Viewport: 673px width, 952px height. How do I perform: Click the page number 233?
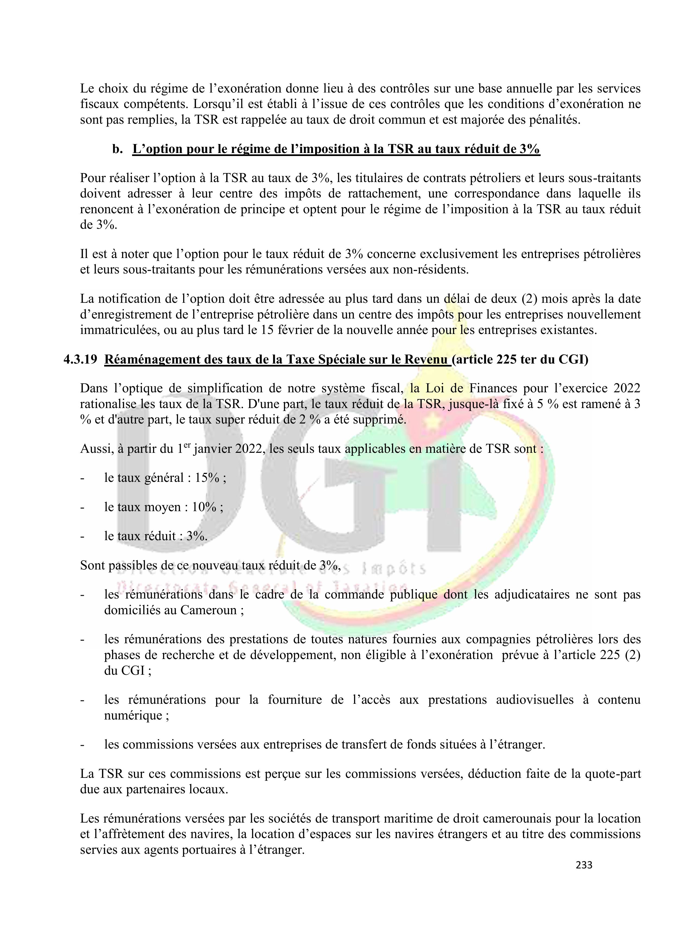point(584,865)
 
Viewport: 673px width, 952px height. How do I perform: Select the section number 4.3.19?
point(80,359)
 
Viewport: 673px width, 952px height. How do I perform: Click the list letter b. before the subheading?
point(117,149)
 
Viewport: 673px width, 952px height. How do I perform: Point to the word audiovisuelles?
point(534,700)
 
